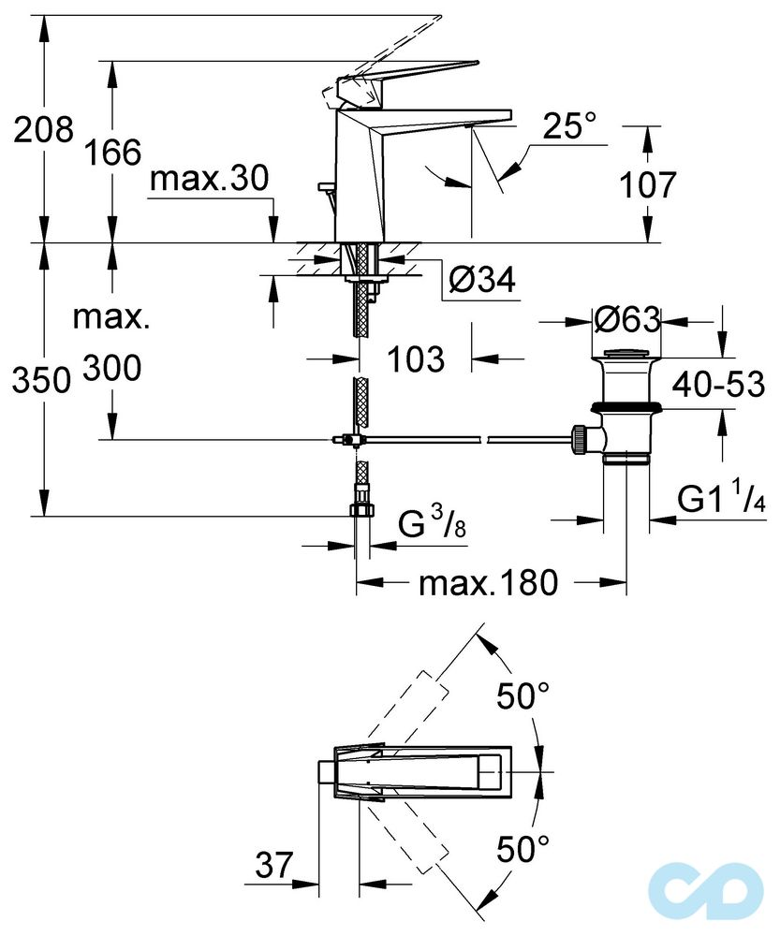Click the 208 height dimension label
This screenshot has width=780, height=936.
[x=43, y=130]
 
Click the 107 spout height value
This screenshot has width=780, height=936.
[x=647, y=185]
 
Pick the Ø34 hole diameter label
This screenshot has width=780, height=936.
[x=481, y=280]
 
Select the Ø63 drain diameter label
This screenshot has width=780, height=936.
[x=627, y=320]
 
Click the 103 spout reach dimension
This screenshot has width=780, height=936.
[x=416, y=358]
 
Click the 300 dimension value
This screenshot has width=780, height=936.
[x=111, y=369]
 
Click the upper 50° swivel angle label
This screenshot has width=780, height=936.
[x=522, y=697]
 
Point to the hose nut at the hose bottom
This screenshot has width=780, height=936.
[x=361, y=510]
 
